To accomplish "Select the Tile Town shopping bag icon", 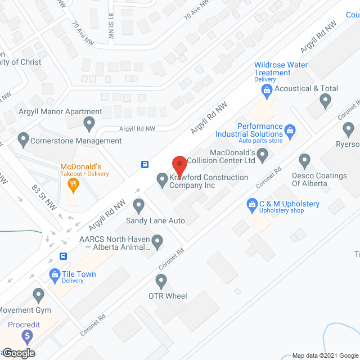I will [55, 275].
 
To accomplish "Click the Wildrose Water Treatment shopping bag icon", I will [271, 88].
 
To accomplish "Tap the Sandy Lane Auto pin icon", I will [139, 206].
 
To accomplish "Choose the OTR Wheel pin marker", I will [162, 280].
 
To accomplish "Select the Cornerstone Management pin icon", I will [23, 138].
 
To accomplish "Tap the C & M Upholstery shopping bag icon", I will [251, 204].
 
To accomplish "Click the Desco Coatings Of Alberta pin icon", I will [305, 161].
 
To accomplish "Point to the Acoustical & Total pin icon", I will [325, 101].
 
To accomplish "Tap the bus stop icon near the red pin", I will [145, 165].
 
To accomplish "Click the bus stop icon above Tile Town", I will [64, 256].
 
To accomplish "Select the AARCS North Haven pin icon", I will [158, 242].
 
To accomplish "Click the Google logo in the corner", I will [18, 353].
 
